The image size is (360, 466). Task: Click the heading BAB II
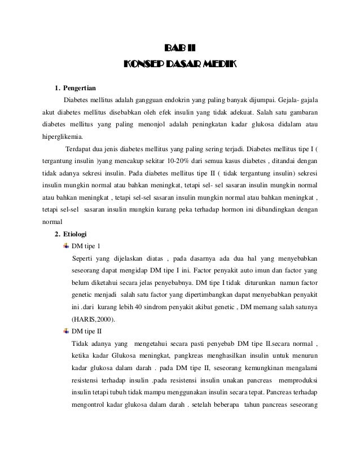pyautogui.click(x=180, y=47)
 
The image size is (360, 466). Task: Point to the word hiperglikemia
pyautogui.click(x=62, y=136)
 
